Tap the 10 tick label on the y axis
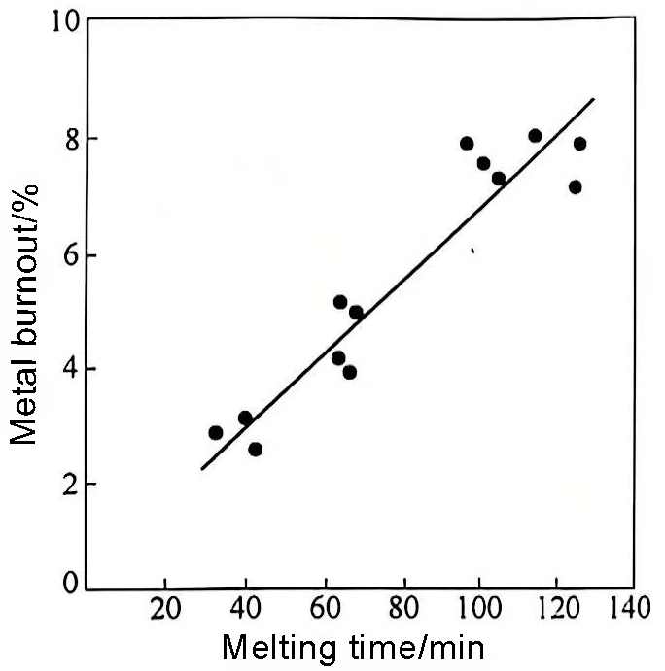pyautogui.click(x=65, y=21)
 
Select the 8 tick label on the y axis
pyautogui.click(x=71, y=139)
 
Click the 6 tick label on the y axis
pyautogui.click(x=71, y=256)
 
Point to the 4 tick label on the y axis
pyautogui.click(x=71, y=371)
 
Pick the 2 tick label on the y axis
pyautogui.click(x=71, y=485)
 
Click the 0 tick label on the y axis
pyautogui.click(x=71, y=583)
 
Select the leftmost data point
pyautogui.click(x=216, y=432)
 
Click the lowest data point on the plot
pyautogui.click(x=256, y=449)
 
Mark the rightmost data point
pyautogui.click(x=580, y=144)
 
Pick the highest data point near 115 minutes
pyautogui.click(x=535, y=135)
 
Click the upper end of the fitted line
pyautogui.click(x=593, y=99)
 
